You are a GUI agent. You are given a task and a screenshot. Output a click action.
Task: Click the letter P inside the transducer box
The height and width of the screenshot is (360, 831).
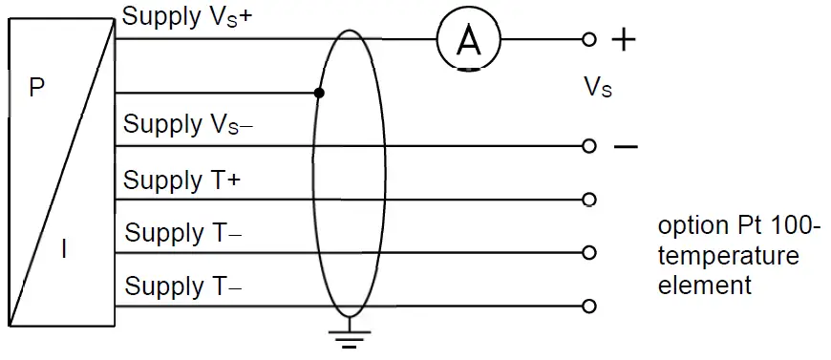pos(36,89)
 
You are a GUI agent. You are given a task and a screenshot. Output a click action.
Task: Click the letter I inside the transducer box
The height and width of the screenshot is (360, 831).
pos(64,250)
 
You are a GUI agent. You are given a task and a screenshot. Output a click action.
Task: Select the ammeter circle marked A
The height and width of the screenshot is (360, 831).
pos(468,39)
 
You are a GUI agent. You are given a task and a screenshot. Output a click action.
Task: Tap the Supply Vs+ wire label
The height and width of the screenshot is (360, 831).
pos(187,16)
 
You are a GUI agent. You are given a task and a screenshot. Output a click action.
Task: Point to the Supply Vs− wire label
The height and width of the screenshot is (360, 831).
pos(188,124)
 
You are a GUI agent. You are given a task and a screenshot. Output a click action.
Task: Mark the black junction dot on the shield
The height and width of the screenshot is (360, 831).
pos(319,94)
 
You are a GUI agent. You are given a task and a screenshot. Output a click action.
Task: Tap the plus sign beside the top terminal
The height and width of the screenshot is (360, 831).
pos(623,39)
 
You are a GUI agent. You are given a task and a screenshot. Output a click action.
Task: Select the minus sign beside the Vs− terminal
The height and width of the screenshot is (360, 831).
pos(625,147)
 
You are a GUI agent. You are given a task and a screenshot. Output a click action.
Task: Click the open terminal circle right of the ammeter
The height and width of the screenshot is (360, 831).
pos(589,39)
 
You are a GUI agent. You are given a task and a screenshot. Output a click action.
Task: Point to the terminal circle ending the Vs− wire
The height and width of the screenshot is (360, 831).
pos(589,146)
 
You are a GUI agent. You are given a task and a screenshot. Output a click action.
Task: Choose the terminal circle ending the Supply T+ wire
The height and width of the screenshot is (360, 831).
pos(589,200)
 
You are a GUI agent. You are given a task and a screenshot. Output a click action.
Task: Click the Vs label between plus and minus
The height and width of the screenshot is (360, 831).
pos(598,88)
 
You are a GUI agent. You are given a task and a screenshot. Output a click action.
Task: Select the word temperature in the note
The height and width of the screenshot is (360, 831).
pos(728,257)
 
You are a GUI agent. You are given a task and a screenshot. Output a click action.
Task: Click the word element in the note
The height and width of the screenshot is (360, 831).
pos(705,285)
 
